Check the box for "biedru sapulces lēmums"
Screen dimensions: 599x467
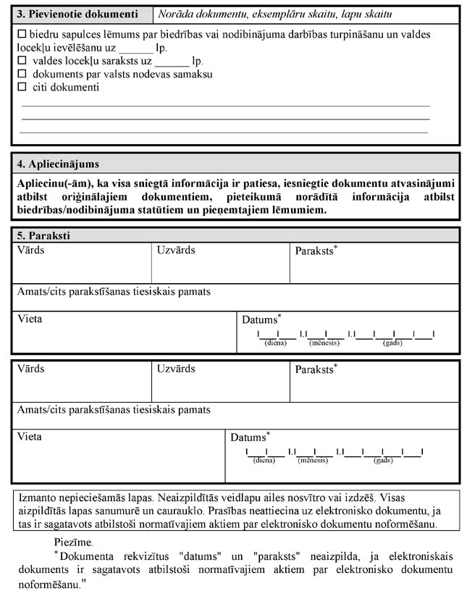pyautogui.click(x=21, y=34)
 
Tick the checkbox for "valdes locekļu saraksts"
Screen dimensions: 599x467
pyautogui.click(x=21, y=61)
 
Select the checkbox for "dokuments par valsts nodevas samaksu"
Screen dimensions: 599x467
pyautogui.click(x=21, y=74)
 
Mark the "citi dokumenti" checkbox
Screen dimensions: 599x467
pyautogui.click(x=21, y=87)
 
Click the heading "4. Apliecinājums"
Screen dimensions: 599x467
pyautogui.click(x=58, y=164)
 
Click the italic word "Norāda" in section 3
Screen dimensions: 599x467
pyautogui.click(x=177, y=14)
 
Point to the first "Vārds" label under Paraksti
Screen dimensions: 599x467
pyautogui.click(x=31, y=250)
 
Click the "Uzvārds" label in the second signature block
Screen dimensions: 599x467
pyautogui.click(x=176, y=369)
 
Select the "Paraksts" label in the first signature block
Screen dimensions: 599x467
pyautogui.click(x=314, y=251)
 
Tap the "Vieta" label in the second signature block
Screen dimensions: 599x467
pyautogui.click(x=30, y=437)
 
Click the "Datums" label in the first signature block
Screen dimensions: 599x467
pyautogui.click(x=260, y=319)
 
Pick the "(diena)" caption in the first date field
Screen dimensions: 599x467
pyautogui.click(x=275, y=342)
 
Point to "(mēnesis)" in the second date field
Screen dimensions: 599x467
pyautogui.click(x=313, y=460)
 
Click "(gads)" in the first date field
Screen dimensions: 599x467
pyautogui.click(x=392, y=342)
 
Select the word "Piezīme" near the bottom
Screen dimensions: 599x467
pyautogui.click(x=73, y=542)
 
